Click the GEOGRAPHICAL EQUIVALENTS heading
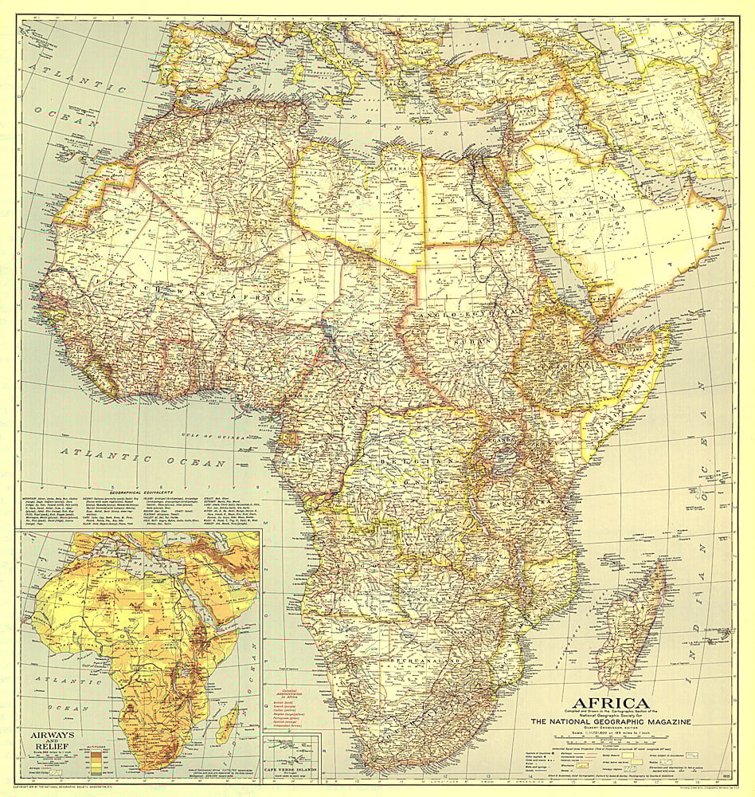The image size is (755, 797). click(136, 492)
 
